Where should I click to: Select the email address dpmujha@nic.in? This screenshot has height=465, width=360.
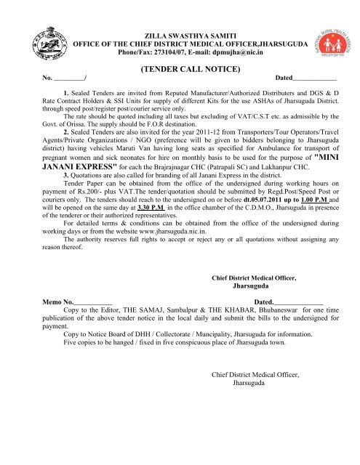pyautogui.click(x=256, y=52)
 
